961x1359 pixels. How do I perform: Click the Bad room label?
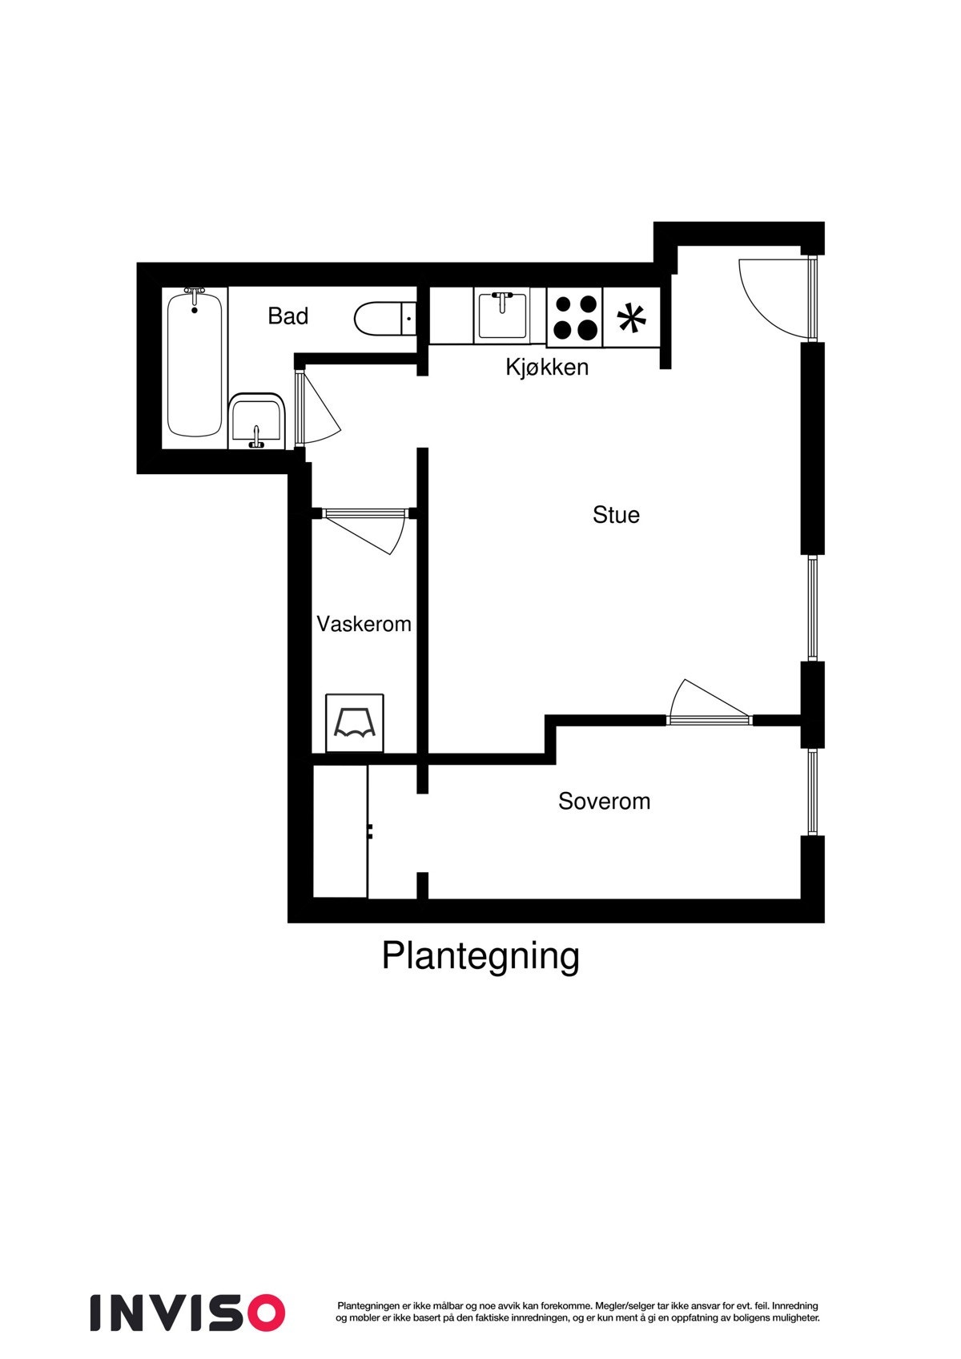pyautogui.click(x=287, y=316)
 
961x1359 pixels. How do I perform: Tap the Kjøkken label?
pyautogui.click(x=547, y=368)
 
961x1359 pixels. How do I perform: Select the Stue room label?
pyautogui.click(x=616, y=514)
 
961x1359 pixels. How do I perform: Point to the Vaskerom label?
pyautogui.click(x=364, y=624)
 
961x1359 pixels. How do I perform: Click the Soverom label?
pyautogui.click(x=604, y=802)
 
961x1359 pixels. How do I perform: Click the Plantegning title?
pyautogui.click(x=480, y=956)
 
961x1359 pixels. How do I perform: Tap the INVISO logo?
pyautogui.click(x=187, y=1312)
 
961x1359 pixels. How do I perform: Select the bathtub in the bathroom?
pyautogui.click(x=195, y=364)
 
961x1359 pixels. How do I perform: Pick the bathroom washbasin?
pyautogui.click(x=256, y=419)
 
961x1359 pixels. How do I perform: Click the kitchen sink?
pyautogui.click(x=502, y=316)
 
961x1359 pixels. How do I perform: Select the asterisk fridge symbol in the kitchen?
pyautogui.click(x=632, y=318)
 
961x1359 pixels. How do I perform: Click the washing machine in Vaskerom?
pyautogui.click(x=355, y=723)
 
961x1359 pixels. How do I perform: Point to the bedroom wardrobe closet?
pyautogui.click(x=340, y=831)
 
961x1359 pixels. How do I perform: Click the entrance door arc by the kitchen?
pyautogui.click(x=772, y=296)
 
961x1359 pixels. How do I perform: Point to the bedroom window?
pyautogui.click(x=813, y=792)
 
